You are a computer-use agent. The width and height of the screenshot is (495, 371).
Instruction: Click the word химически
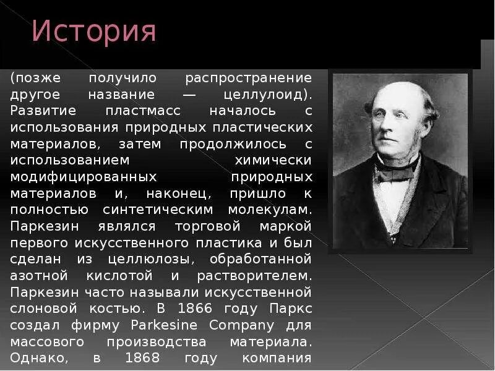pyautogui.click(x=272, y=160)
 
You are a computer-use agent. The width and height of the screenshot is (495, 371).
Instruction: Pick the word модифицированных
pyautogui.click(x=84, y=176)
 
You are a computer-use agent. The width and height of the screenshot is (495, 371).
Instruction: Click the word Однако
pyautogui.click(x=37, y=357)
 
